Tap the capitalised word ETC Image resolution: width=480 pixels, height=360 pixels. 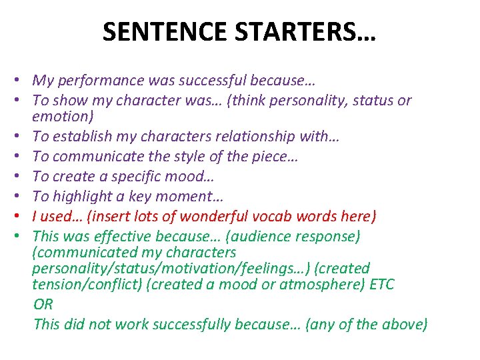[379, 285]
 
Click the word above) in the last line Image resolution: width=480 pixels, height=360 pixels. [404, 325]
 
